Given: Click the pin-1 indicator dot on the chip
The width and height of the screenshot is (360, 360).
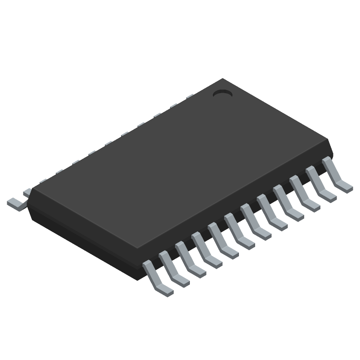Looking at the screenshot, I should tap(222, 94).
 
